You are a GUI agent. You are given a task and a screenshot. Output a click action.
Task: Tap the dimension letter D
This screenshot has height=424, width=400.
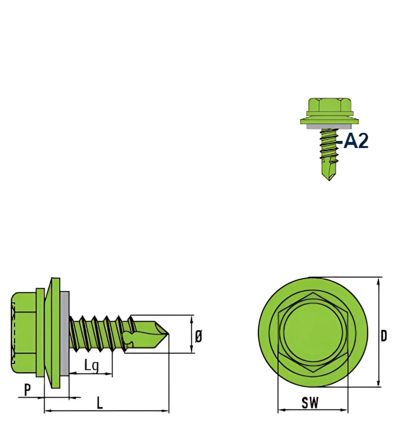[384, 336]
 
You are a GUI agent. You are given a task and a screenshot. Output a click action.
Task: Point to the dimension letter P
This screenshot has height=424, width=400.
[27, 390]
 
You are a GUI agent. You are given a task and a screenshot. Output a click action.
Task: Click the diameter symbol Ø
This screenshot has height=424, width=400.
[198, 337]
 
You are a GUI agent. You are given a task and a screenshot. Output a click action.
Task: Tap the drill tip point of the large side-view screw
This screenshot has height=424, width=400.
[169, 334]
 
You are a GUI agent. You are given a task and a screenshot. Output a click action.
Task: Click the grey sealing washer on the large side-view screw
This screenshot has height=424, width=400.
[64, 333]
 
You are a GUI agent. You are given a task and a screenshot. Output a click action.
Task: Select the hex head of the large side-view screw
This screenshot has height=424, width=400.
[23, 333]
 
